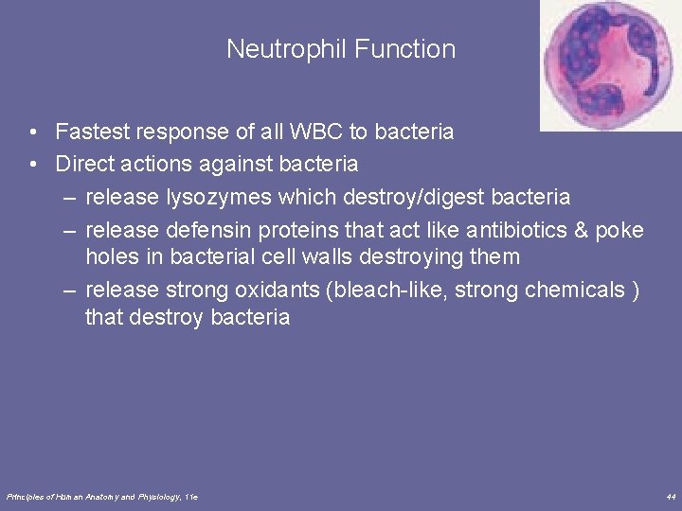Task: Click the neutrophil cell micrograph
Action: [x=610, y=63]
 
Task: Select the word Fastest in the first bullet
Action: [x=91, y=132]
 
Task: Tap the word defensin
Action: [x=202, y=230]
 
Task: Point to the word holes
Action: [x=111, y=255]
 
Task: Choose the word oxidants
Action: [x=280, y=289]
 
